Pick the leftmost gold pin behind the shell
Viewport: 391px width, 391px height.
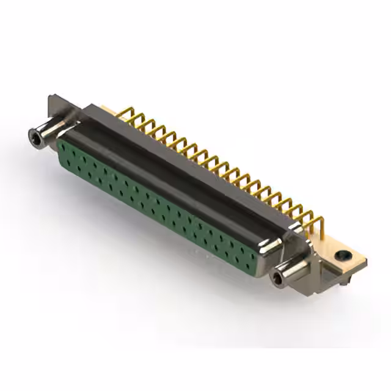[125, 113]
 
